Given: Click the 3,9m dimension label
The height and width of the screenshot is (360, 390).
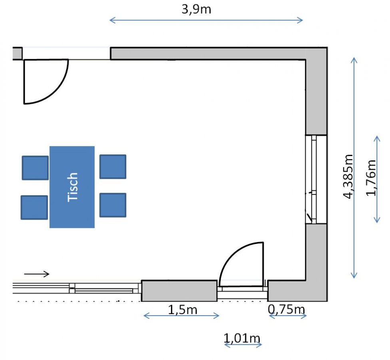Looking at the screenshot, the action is coord(196,10).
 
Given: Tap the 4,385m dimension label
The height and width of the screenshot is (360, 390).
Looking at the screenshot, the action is coord(348,176).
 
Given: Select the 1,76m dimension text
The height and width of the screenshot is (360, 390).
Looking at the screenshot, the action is coord(371,178).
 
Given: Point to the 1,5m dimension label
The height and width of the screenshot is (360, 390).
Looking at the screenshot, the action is coord(183,310).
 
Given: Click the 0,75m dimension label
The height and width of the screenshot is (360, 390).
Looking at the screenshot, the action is coord(286,310).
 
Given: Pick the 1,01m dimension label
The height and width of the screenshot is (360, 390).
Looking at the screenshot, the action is coord(242,338).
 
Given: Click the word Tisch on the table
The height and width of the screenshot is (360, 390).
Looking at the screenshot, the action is coord(73,187).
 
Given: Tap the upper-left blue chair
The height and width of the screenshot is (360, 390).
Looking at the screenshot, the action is coord(35,168).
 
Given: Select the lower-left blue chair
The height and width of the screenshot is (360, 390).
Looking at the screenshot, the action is coord(34,207).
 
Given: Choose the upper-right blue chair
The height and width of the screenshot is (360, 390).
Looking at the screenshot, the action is coord(113,166).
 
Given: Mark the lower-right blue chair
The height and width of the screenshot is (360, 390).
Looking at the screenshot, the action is coord(113,205).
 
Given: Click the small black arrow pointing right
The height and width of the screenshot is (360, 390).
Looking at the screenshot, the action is coord(37,274).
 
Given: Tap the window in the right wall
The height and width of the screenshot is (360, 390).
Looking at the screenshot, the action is coord(316,179).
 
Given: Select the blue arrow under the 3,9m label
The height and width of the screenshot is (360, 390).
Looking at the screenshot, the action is coord(206,20).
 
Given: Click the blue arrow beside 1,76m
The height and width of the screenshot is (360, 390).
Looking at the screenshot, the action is coord(377,179).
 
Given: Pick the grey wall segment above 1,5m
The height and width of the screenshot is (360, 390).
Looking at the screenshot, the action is coord(179,291).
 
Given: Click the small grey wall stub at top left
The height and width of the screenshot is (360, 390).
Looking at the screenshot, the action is coord(18,53).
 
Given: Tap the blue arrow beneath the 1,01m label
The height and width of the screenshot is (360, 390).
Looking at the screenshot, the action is coord(243,345).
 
